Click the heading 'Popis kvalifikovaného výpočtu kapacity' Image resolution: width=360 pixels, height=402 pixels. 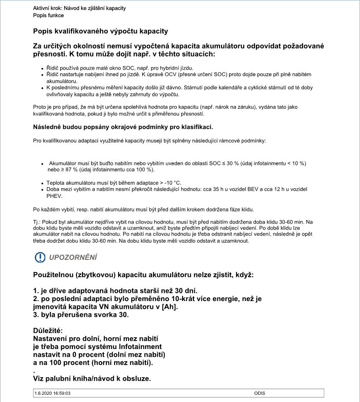[101, 31]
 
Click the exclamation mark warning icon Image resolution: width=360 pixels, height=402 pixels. [40, 257]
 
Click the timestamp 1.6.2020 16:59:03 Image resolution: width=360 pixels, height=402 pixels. [53, 393]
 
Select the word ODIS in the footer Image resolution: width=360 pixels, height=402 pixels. [260, 393]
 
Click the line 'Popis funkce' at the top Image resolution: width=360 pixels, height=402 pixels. [48, 15]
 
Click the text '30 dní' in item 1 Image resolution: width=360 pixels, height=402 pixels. [185, 290]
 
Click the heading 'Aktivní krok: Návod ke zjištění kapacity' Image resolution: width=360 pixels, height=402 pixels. [80, 8]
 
